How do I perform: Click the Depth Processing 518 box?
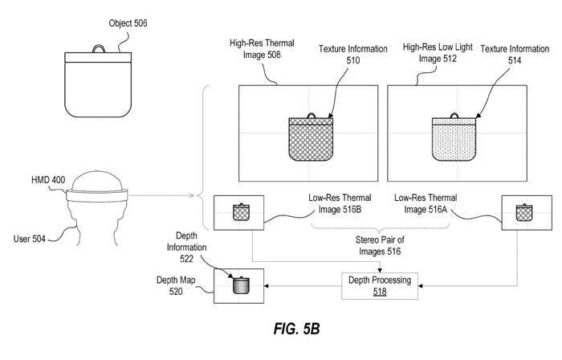click(379, 284)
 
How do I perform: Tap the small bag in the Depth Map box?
click(240, 285)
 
